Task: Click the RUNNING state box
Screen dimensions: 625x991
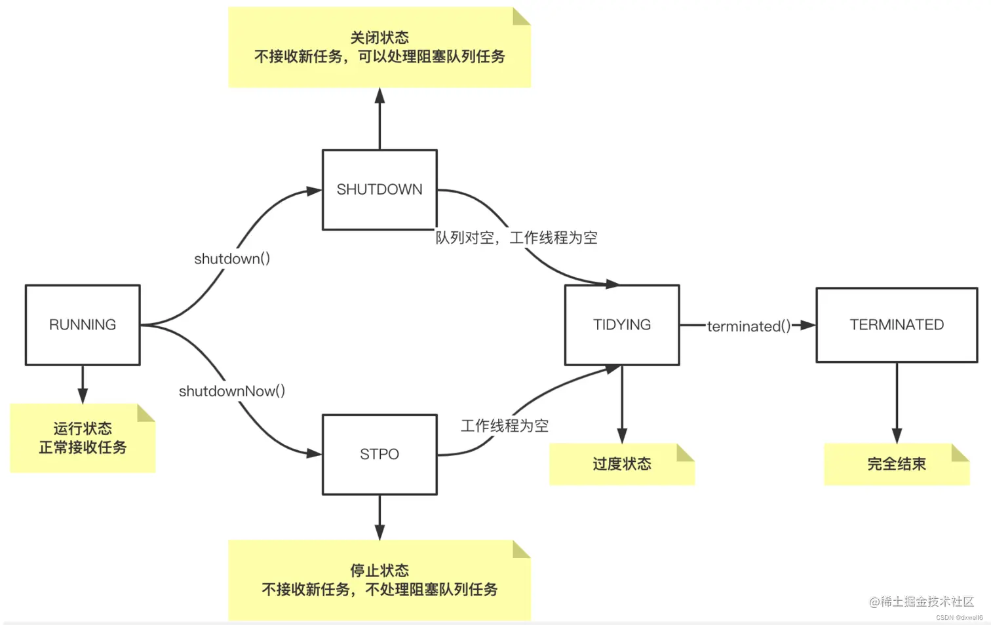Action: click(83, 325)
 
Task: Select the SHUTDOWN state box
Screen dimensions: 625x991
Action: click(379, 189)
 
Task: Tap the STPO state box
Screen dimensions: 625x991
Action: click(379, 454)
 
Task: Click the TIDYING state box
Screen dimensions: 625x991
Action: click(622, 325)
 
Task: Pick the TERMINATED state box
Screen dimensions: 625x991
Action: click(897, 325)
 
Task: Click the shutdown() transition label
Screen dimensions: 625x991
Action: click(232, 259)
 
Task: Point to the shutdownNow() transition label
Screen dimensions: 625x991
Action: click(232, 391)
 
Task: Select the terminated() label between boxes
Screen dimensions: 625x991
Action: click(748, 326)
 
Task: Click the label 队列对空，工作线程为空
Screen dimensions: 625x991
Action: click(516, 238)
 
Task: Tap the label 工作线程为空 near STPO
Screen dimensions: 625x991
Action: click(505, 426)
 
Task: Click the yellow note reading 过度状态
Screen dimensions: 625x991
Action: click(621, 464)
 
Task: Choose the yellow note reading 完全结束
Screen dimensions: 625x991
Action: click(896, 464)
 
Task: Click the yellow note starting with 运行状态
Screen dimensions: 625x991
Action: click(83, 438)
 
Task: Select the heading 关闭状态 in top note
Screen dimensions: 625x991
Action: click(379, 37)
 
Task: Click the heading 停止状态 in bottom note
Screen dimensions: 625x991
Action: click(379, 570)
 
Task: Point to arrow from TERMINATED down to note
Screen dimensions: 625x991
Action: click(897, 403)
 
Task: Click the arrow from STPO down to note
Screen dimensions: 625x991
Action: click(379, 518)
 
